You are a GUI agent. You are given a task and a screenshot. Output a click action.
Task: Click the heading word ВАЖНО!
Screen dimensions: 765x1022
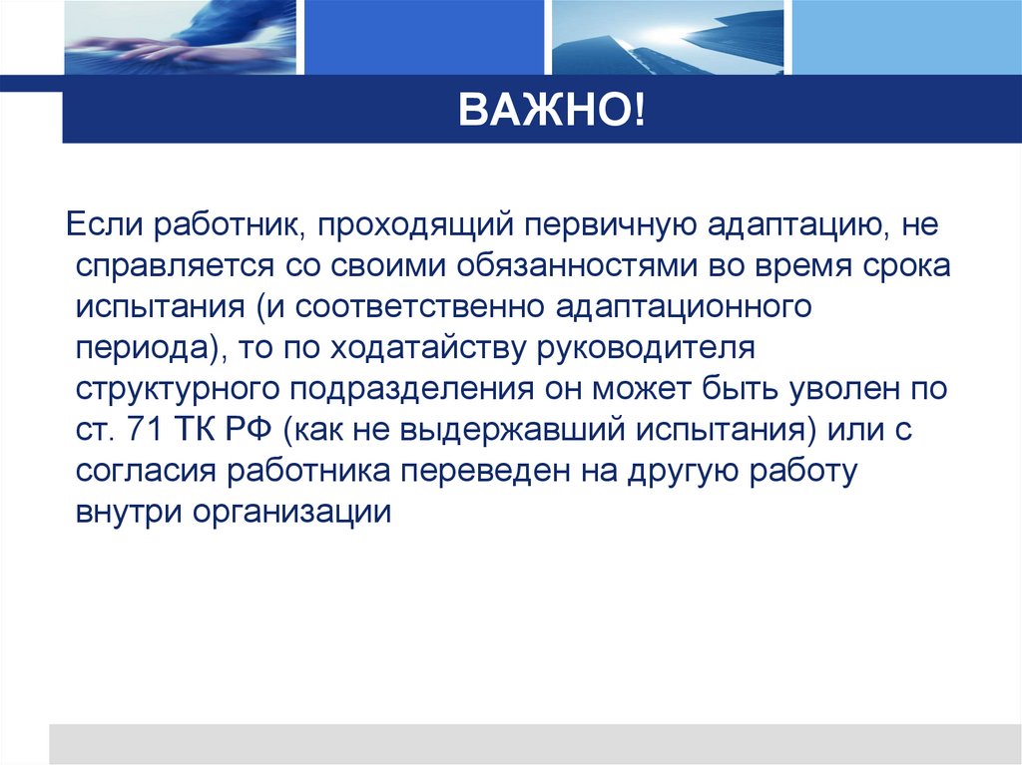[552, 112]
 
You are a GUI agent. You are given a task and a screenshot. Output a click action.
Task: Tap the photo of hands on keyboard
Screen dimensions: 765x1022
[180, 37]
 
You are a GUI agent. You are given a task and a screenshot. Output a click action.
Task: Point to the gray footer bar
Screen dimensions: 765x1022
[534, 743]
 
